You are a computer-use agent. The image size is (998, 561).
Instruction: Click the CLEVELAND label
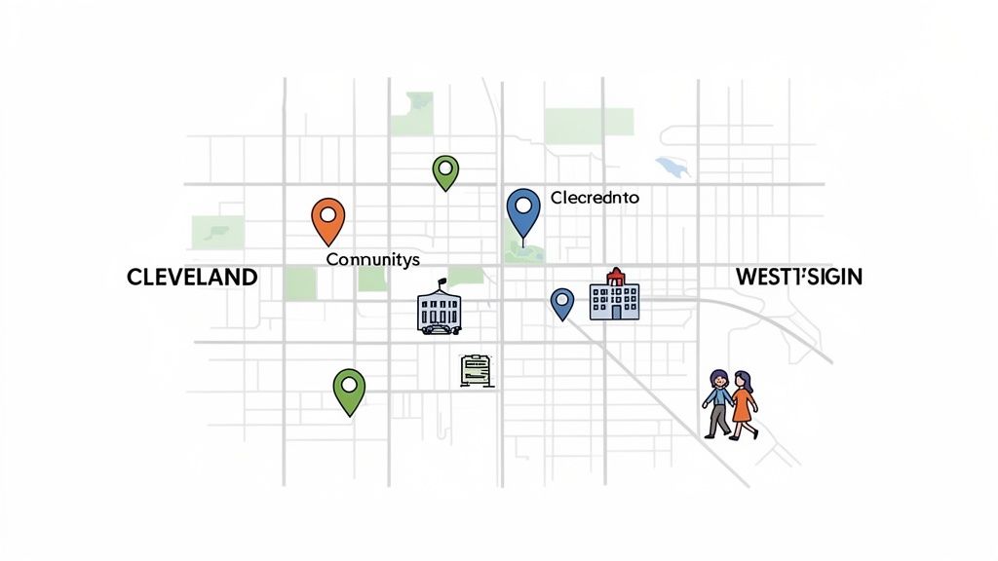[x=192, y=278]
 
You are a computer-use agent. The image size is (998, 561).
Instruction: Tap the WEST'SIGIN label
[x=799, y=277]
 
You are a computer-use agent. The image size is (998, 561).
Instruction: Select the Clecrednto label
[x=595, y=198]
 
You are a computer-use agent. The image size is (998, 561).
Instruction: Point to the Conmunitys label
[x=372, y=259]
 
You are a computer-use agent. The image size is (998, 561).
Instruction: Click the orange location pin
[x=327, y=219]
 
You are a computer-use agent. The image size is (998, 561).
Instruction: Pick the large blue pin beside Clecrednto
[x=524, y=211]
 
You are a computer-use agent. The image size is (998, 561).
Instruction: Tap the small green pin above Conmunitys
[x=445, y=171]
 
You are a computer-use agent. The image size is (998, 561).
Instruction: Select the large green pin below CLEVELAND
[x=349, y=390]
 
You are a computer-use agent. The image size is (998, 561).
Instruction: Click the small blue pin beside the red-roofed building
[x=561, y=302]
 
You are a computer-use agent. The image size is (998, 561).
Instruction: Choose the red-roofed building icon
[x=614, y=296]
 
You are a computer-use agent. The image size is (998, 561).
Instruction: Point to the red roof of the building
[x=615, y=279]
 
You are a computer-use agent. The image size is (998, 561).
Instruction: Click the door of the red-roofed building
[x=615, y=312]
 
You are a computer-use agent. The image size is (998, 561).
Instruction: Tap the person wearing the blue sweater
[x=717, y=402]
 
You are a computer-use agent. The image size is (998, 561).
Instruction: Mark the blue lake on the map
[x=672, y=167]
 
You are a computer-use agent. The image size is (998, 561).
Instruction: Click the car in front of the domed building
[x=438, y=328]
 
